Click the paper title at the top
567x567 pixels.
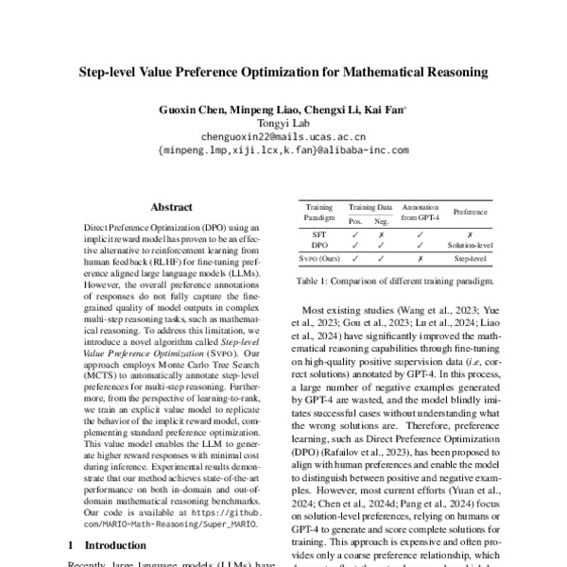283,71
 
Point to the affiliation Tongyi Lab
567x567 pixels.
283,123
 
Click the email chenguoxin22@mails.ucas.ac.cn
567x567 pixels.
283,136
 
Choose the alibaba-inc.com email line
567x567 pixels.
283,149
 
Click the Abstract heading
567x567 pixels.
171,207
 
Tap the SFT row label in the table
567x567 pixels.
319,232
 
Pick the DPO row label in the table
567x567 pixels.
319,244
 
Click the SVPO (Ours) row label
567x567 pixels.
319,257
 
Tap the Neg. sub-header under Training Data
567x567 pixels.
381,219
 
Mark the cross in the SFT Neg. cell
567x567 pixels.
381,232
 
